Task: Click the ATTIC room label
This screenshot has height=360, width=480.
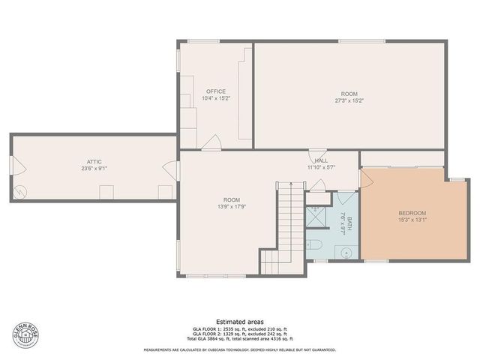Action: pos(94,161)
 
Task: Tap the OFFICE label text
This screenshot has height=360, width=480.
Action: pos(216,91)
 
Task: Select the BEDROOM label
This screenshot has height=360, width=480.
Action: pos(412,214)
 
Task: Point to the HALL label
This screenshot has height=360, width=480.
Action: pos(321,160)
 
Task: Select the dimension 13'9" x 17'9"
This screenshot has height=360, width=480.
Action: pos(230,206)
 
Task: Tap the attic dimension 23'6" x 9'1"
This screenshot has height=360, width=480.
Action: pos(94,169)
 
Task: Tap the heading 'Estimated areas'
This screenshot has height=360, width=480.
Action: pos(240,321)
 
